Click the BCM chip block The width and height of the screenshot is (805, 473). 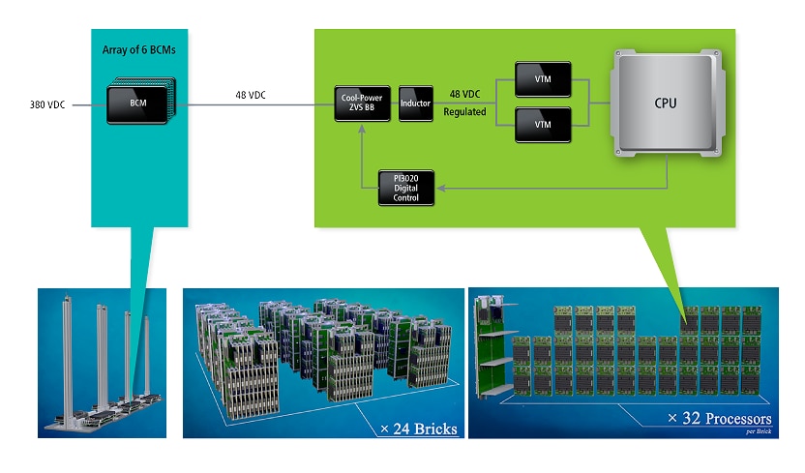(x=136, y=102)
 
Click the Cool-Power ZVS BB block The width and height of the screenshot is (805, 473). (x=359, y=103)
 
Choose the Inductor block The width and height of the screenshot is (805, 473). (x=415, y=103)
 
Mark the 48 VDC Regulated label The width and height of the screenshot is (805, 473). (x=464, y=102)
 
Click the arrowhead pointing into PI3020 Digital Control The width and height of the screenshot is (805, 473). (x=441, y=187)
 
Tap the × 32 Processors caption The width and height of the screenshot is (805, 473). (x=720, y=419)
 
